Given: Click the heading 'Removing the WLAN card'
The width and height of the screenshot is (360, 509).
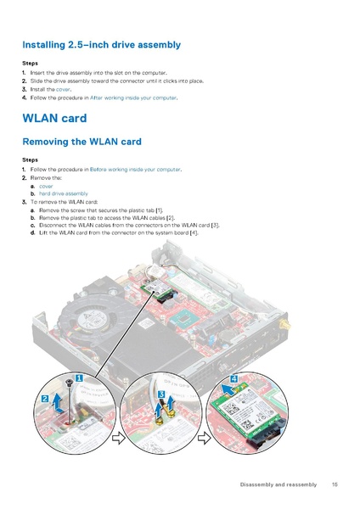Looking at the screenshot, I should point(82,141).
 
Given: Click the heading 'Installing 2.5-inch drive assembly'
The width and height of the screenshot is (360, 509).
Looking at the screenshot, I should point(101,44).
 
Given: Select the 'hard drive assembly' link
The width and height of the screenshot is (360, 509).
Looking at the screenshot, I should point(63,193).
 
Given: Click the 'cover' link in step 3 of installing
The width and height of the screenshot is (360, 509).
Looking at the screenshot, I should point(63,89).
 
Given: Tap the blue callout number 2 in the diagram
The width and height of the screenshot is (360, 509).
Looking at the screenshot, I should point(44,398).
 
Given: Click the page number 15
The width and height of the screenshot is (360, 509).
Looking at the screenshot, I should point(335,484).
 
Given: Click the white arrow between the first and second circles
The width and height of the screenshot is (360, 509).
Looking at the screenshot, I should point(119,439).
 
